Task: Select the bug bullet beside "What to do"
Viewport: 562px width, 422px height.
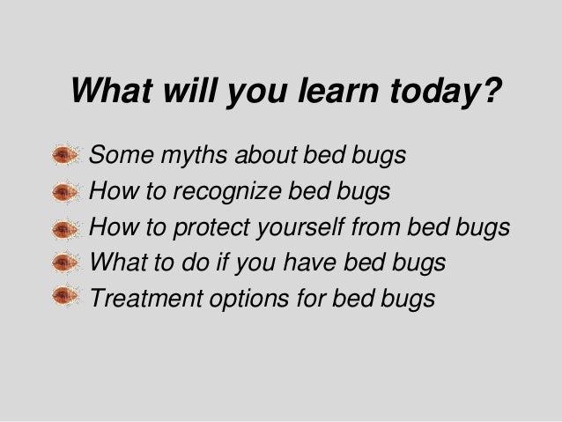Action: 65,263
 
